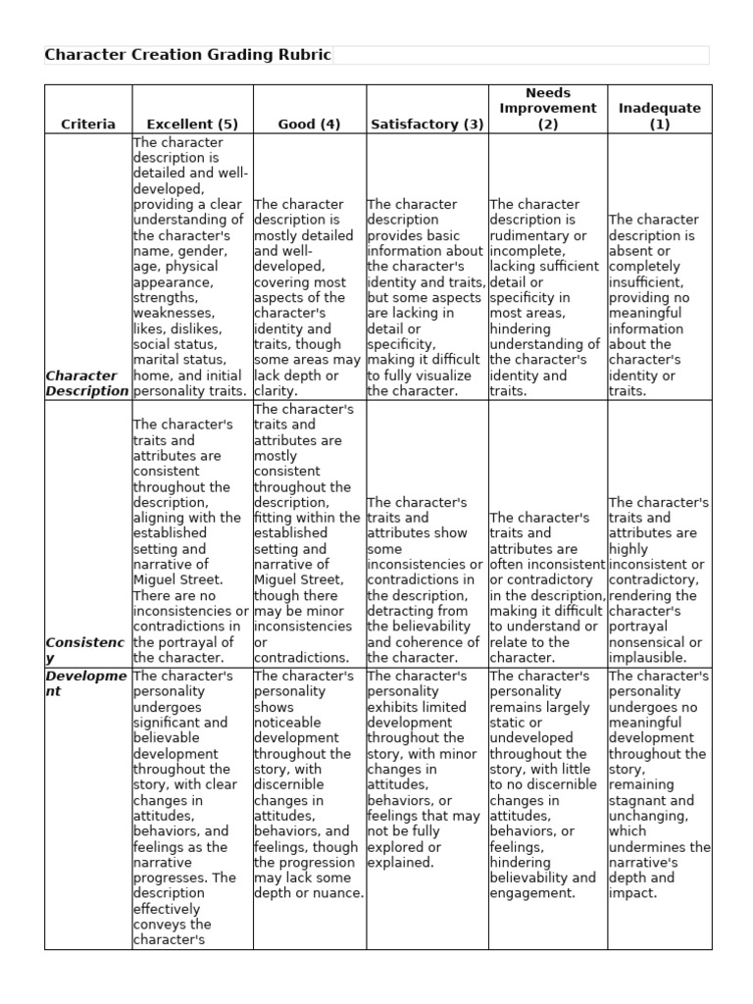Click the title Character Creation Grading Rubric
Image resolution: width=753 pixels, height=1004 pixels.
point(188,55)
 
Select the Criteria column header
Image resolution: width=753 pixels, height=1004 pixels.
point(88,124)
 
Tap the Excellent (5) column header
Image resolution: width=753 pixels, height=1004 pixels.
point(192,124)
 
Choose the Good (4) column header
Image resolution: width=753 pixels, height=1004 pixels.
point(310,124)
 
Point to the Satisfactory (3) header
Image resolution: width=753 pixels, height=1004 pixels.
point(427,124)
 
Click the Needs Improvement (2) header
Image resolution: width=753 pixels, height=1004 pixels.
point(547,108)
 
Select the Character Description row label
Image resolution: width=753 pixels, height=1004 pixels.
point(87,383)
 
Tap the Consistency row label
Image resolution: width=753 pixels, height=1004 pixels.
point(84,649)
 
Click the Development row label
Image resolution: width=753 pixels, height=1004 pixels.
point(84,683)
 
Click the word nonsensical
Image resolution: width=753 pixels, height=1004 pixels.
point(648,642)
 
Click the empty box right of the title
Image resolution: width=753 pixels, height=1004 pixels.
point(521,55)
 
